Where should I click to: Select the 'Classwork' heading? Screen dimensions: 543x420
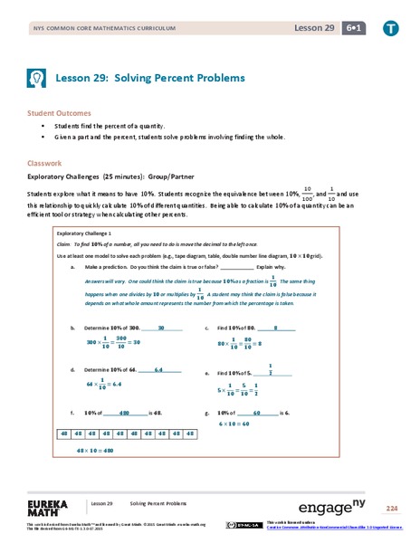tap(44, 164)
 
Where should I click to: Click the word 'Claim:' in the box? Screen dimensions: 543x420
tap(65, 245)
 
